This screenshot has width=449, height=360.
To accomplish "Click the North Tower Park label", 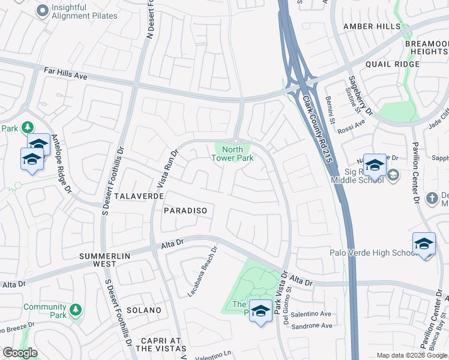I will [232, 154].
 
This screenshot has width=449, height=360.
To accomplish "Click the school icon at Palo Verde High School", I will [424, 244].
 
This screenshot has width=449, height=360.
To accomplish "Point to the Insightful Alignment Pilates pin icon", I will [43, 10].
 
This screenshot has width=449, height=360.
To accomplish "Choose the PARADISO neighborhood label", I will [185, 211].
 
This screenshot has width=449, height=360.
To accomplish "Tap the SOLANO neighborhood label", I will [143, 310].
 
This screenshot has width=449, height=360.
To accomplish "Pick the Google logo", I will [20, 353].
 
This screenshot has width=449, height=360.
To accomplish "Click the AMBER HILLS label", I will [372, 27].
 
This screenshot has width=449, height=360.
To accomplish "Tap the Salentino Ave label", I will [313, 314].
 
